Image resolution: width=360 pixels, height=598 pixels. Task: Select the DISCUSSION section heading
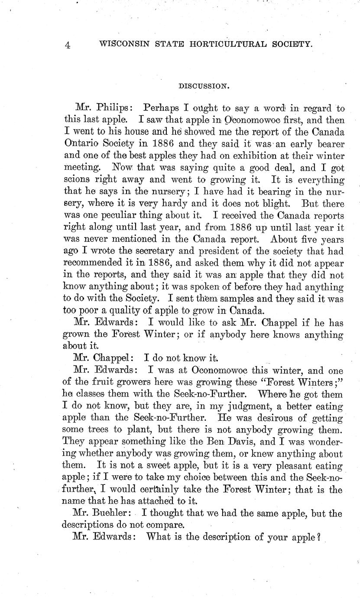coord(204,86)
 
